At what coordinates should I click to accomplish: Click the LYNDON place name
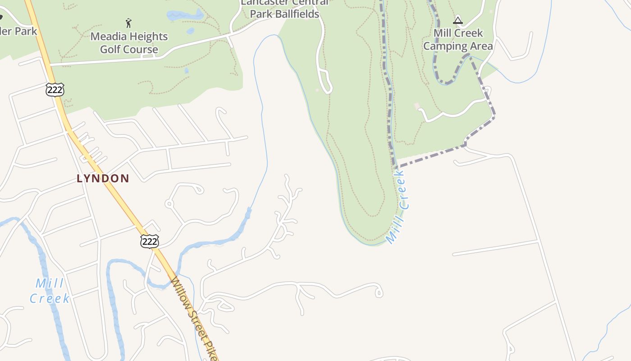[103, 179]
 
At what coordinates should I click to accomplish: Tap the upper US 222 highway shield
[55, 89]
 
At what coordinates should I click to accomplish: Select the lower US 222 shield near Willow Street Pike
[149, 241]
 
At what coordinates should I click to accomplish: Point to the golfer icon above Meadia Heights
[128, 23]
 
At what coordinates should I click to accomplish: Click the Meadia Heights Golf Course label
[129, 43]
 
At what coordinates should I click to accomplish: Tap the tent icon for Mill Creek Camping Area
[458, 20]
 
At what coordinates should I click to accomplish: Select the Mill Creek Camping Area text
[458, 40]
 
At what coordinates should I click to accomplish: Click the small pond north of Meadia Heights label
[185, 15]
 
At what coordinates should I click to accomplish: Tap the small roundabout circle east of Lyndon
[169, 204]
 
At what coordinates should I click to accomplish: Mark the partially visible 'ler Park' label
[18, 31]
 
